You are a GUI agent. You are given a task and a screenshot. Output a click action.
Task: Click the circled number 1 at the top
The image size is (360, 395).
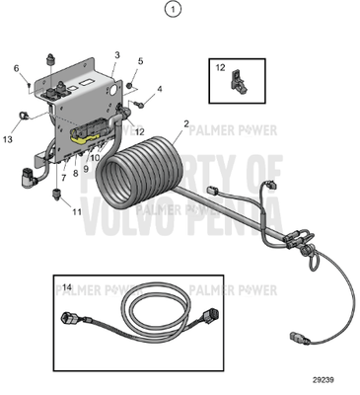point(175,11)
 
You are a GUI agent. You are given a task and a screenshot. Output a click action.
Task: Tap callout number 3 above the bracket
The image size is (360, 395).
point(117,55)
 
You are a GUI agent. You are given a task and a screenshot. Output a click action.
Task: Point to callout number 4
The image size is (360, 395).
point(160,89)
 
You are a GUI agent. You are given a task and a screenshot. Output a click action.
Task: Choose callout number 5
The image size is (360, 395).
point(140,61)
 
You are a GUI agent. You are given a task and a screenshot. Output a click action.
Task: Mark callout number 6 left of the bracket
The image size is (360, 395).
point(16,68)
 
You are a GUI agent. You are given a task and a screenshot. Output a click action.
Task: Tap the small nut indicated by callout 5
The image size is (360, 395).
point(129,86)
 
